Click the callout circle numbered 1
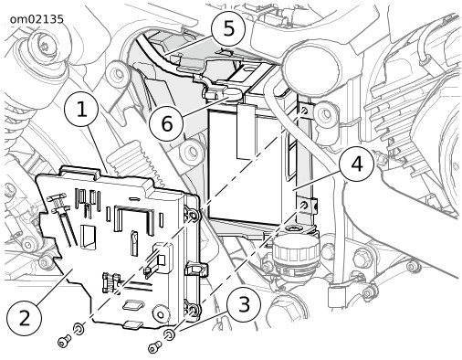81,110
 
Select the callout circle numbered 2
24,319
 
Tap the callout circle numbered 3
244,304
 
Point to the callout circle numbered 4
357,164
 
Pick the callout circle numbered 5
228,29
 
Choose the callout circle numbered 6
166,124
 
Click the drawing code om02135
37,19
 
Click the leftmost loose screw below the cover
64,340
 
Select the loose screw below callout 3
154,346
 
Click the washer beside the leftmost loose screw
79,329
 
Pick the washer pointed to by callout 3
169,334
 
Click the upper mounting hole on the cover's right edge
194,216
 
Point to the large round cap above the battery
310,70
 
